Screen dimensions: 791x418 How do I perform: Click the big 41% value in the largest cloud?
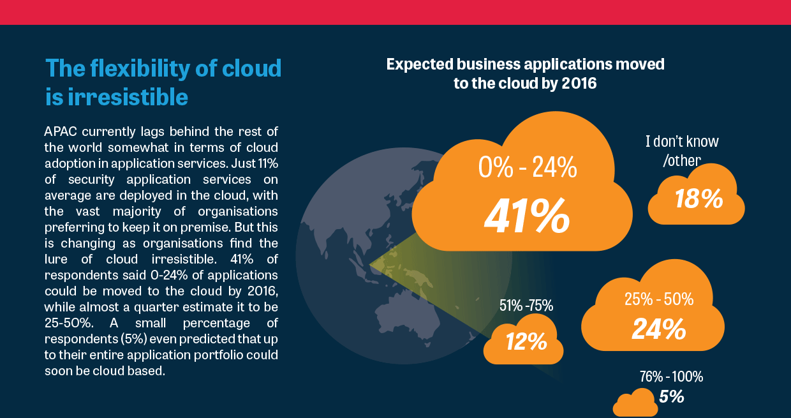tap(527, 216)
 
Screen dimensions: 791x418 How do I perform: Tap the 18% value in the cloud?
tap(699, 198)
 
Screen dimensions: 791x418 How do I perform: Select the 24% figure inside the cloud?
tap(659, 329)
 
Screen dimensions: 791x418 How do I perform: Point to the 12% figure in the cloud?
tap(526, 341)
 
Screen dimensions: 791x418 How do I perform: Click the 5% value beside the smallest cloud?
tap(672, 396)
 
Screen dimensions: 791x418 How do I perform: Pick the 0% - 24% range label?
tap(528, 167)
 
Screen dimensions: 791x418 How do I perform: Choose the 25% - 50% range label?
tap(659, 299)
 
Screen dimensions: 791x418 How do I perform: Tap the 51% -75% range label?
tap(526, 306)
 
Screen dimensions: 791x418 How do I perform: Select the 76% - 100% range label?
tap(671, 377)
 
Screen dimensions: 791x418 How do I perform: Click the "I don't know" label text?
tap(682, 142)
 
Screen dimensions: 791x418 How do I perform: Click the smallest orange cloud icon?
tap(635, 403)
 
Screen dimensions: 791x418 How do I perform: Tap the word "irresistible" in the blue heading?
tap(128, 97)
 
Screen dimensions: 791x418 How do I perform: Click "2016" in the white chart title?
tap(579, 84)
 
